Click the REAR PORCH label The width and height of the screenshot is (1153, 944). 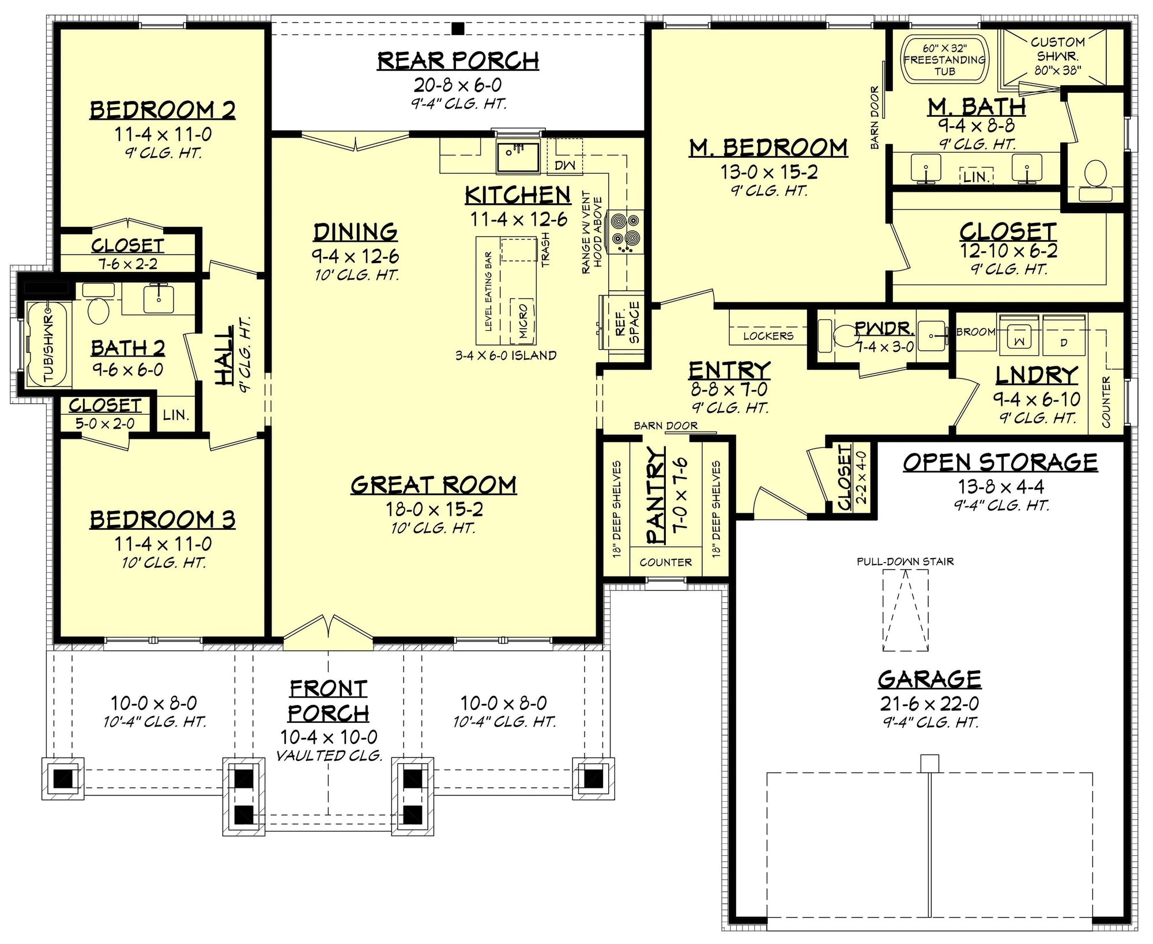pos(458,60)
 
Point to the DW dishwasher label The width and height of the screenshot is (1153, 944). pos(565,166)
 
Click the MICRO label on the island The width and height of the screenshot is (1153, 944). pos(523,321)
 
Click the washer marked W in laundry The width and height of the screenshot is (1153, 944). pos(1019,340)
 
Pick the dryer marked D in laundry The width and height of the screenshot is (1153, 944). pos(1064,342)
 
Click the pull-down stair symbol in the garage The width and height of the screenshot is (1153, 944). pos(905,610)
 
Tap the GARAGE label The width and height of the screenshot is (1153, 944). pos(929,680)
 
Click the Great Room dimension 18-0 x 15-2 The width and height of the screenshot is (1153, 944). pos(434,509)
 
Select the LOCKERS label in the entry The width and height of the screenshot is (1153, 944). pos(768,336)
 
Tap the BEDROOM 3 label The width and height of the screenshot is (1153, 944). pos(163,520)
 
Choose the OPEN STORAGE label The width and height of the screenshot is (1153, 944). pos(1000,462)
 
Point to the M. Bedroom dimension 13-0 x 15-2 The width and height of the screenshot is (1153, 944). pos(769,172)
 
